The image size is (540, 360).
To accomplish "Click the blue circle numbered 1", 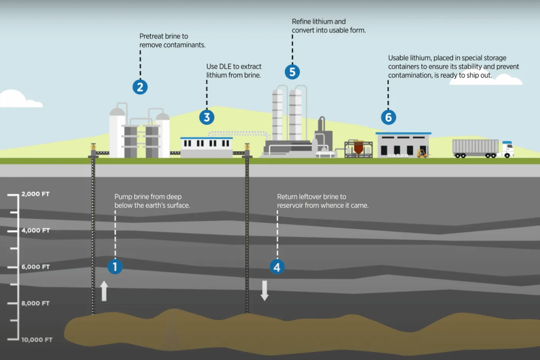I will pos(115,267).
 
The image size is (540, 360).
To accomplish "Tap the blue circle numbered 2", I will pos(140,87).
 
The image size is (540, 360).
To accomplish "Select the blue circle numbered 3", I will pos(207,117).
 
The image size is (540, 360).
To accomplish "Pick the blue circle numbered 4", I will pos(277,267).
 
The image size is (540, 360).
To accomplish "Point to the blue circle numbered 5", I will pos(292,72).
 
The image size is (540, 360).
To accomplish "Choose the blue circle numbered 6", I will pos(388,117).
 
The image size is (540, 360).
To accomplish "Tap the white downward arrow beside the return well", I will pos(265,291).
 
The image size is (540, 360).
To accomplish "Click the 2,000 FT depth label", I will pos(35,194).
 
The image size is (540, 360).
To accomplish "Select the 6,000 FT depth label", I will pos(35,267).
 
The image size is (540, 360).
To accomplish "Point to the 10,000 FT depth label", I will pos(37,340).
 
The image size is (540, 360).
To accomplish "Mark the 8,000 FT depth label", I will pos(35,303).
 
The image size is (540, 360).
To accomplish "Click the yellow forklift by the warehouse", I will pos(422,153).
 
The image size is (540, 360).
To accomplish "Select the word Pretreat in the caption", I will pos(151,36).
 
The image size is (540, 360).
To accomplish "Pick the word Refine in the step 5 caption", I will pos(301,22).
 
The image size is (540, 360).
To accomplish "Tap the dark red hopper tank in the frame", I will pos(358,147).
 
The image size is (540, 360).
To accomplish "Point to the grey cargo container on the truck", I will pos(475,147).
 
